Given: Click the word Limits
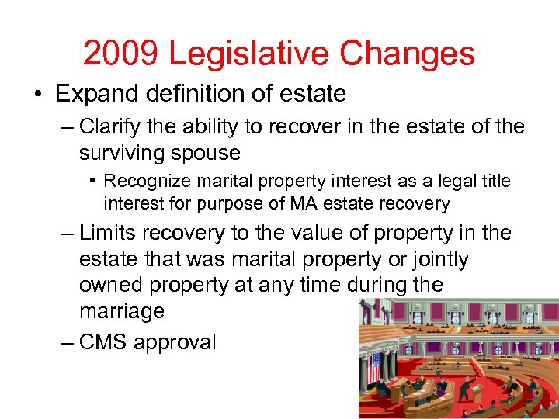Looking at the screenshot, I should [107, 233].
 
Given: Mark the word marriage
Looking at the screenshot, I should [122, 312].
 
